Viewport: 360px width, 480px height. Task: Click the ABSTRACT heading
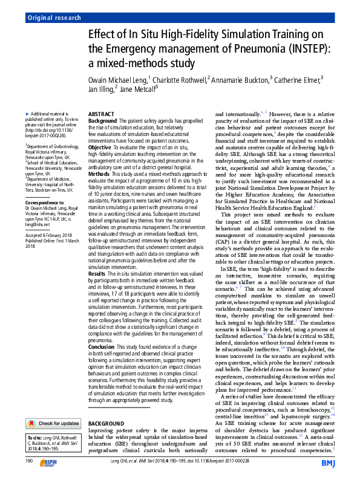click(102, 114)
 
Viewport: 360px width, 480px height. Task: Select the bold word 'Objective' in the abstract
click(100, 146)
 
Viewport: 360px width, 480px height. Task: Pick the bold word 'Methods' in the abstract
click(99, 173)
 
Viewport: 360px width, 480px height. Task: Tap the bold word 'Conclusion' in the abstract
click(102, 346)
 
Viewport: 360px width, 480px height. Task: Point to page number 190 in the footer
click(29, 461)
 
